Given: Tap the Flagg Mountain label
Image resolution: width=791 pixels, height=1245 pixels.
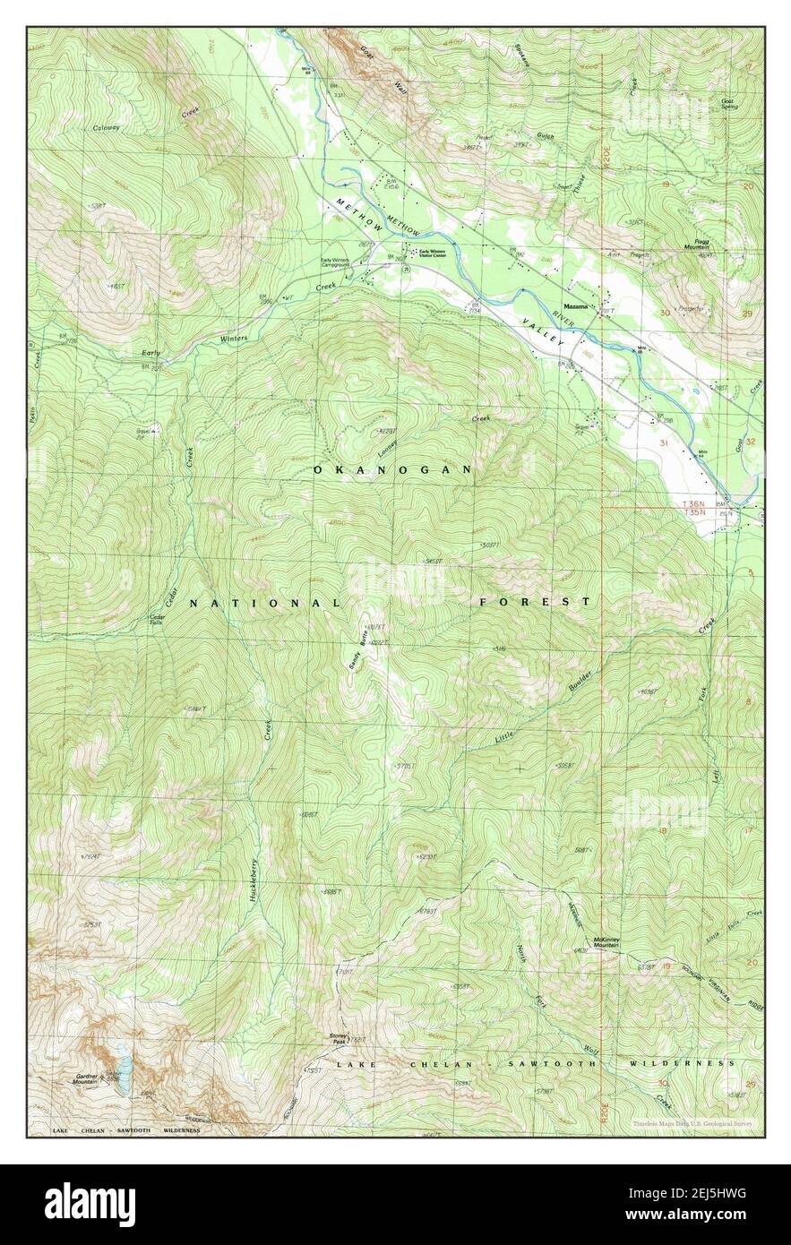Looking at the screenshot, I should click(x=721, y=244).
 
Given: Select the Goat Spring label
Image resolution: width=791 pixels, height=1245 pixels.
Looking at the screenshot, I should click(x=730, y=104).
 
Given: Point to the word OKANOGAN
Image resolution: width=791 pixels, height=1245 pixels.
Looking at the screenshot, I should click(x=392, y=469).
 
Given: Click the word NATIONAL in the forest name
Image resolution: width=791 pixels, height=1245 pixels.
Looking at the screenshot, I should click(x=264, y=604).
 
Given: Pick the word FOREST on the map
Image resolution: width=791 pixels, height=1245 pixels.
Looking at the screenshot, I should click(x=535, y=602).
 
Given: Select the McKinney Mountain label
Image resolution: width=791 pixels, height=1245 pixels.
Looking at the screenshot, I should click(x=606, y=942).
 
